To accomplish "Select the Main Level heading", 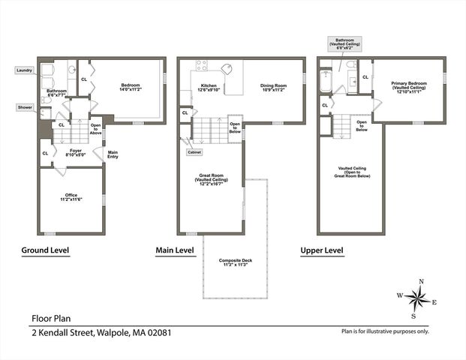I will click(x=175, y=250).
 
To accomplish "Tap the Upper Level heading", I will click(x=322, y=250).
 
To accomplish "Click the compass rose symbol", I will click(x=416, y=298).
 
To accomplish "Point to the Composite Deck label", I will click(x=235, y=262).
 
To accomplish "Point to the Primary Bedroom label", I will click(x=408, y=88).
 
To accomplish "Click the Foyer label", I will click(x=76, y=152).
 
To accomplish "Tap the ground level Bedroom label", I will click(x=131, y=87).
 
